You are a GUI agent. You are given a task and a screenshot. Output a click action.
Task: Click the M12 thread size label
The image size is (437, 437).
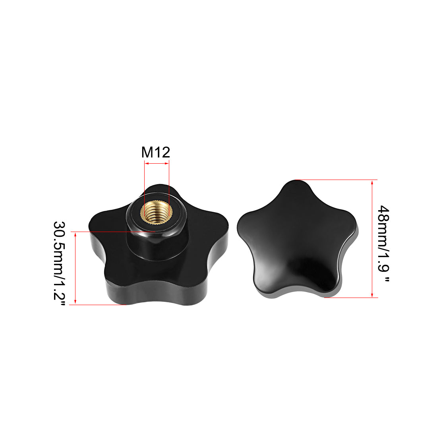(x=155, y=152)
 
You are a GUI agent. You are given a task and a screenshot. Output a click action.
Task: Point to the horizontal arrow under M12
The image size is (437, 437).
(x=157, y=163)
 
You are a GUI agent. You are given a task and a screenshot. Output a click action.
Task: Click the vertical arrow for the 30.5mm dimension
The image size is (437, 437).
(x=75, y=268)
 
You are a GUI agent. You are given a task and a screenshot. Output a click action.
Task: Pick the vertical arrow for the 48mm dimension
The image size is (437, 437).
(x=372, y=239)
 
